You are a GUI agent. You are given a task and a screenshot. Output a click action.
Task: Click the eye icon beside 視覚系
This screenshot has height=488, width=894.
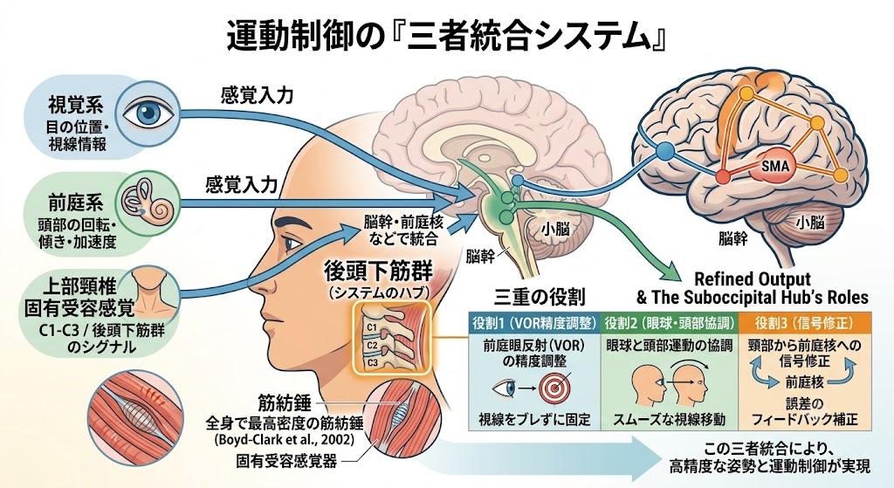tap(148, 112)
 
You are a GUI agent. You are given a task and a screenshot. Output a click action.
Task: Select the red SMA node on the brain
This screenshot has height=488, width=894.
tap(775, 166)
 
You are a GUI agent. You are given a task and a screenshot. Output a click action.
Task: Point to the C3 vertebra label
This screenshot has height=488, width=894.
tap(372, 362)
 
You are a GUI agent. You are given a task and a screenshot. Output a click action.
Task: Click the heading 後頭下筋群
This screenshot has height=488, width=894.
tap(377, 271)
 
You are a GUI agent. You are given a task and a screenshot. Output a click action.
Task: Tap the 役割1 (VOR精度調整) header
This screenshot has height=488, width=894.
tap(534, 323)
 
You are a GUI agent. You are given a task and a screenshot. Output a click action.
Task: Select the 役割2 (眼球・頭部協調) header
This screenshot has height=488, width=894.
tap(670, 323)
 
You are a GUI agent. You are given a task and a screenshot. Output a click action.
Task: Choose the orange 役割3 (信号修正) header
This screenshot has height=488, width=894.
tap(804, 323)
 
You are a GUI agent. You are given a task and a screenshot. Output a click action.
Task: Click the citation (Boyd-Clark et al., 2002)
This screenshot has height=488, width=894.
tap(285, 440)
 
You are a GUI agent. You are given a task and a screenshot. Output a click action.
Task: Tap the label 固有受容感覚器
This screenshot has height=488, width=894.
tap(286, 461)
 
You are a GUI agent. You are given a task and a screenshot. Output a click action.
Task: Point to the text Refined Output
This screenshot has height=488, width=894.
tap(752, 279)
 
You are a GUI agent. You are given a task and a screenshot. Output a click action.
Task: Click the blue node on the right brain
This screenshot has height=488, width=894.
tap(664, 152)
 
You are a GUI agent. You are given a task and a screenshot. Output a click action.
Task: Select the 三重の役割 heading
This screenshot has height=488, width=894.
tap(540, 296)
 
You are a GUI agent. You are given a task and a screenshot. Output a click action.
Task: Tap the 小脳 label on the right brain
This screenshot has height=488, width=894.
tap(810, 221)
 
